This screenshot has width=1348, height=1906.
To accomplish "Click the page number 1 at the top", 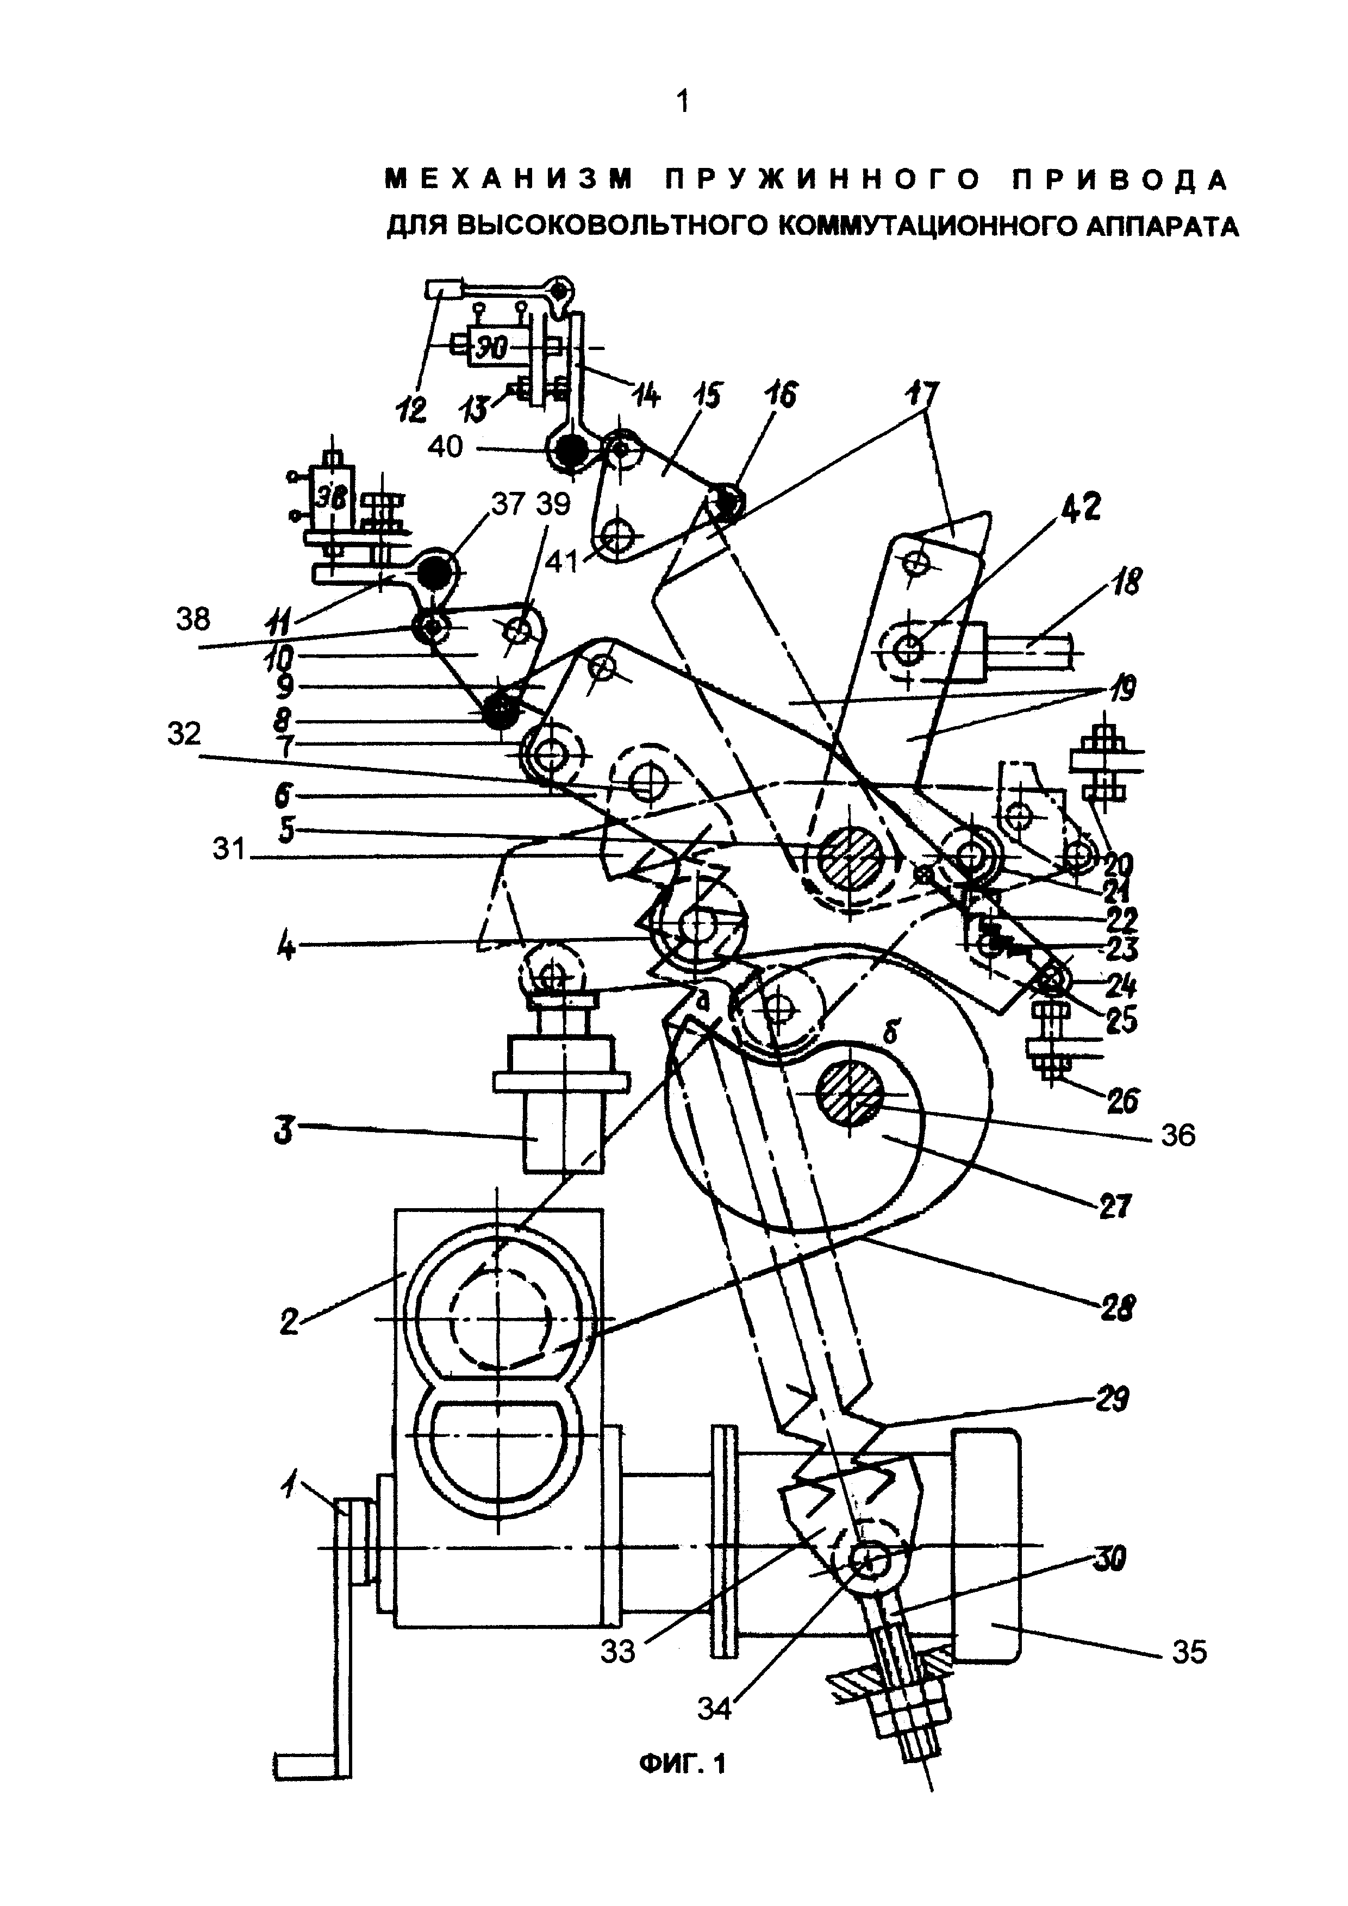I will click(x=682, y=103).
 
